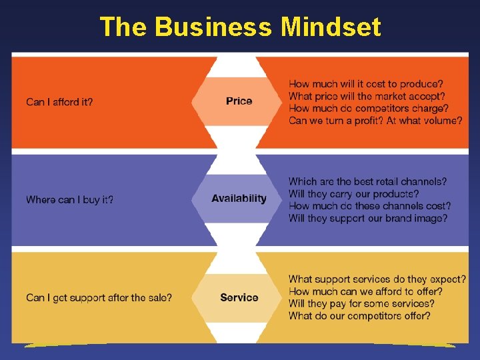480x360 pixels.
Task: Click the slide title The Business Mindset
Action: tap(240, 27)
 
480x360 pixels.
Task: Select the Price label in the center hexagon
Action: tap(239, 101)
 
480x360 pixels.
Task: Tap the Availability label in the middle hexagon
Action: tap(239, 199)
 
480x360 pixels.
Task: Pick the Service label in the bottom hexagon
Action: tap(239, 297)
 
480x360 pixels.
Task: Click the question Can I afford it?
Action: tap(59, 102)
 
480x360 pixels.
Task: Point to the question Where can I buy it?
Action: tap(69, 199)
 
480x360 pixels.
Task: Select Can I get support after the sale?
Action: tap(99, 297)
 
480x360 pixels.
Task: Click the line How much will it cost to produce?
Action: tap(365, 84)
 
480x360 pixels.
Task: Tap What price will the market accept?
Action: tap(367, 96)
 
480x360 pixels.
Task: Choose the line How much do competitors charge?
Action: tap(368, 108)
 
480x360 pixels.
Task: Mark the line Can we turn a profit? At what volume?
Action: tap(375, 121)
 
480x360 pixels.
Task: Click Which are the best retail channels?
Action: tap(367, 181)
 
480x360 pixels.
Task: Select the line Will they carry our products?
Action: tap(353, 194)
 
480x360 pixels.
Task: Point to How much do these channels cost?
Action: tap(369, 206)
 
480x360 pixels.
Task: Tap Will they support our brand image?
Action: tap(367, 218)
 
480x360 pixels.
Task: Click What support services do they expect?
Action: tap(377, 279)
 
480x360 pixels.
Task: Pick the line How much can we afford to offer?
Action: tap(365, 291)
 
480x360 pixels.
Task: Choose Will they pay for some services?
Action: tap(361, 303)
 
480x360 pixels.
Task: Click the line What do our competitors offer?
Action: tap(359, 315)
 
